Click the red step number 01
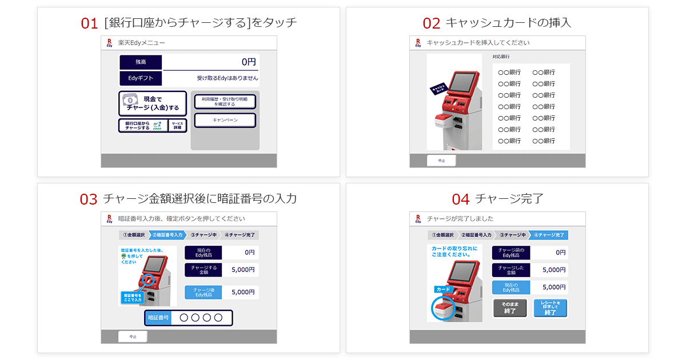(x=90, y=23)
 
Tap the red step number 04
(x=461, y=199)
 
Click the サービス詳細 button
(x=177, y=126)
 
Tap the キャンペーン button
(x=225, y=121)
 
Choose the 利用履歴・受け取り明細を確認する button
(x=225, y=102)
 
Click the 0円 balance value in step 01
(x=248, y=62)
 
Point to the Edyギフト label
(x=141, y=78)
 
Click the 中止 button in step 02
(x=441, y=161)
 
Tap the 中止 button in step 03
(x=133, y=337)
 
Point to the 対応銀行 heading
(x=501, y=57)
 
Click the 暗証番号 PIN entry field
(x=201, y=318)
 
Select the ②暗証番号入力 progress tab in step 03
(x=167, y=235)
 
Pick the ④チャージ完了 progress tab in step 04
(x=549, y=235)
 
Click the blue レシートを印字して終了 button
(x=551, y=309)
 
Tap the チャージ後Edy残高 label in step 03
(x=203, y=292)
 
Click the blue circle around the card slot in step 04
(x=443, y=309)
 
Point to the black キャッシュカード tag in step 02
(x=441, y=89)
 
